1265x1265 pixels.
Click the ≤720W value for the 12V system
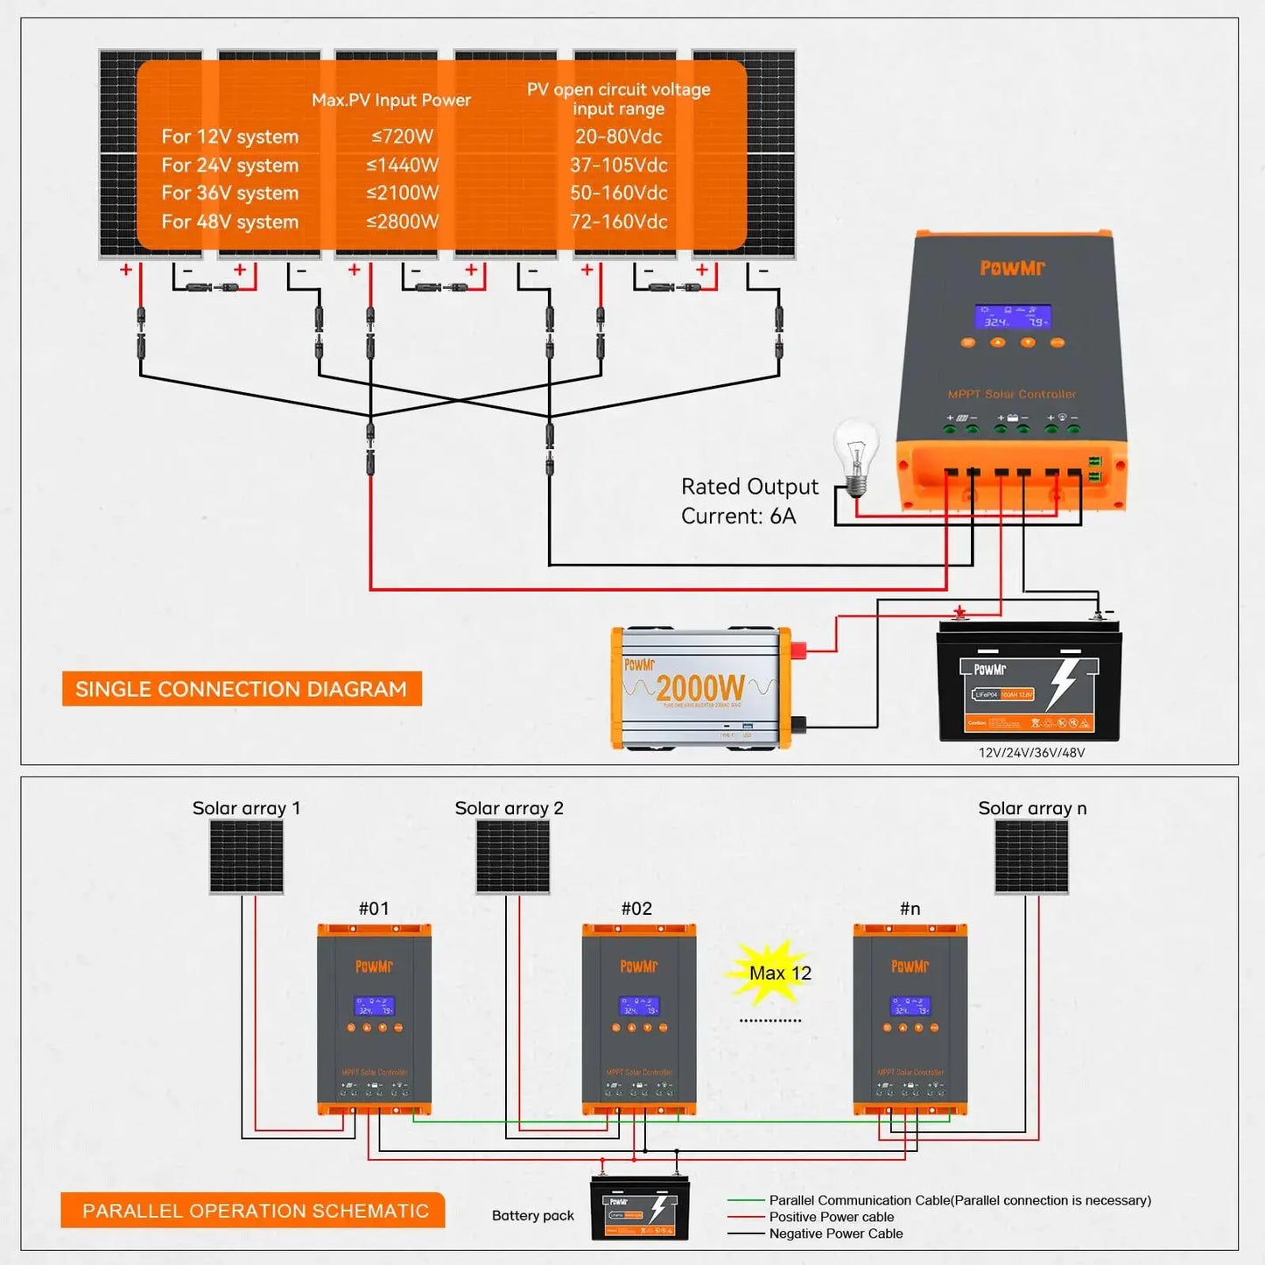click(402, 137)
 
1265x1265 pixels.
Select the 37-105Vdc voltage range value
click(618, 165)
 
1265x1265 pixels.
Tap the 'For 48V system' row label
click(229, 222)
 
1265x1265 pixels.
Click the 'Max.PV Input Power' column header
click(390, 101)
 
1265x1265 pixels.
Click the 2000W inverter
click(701, 688)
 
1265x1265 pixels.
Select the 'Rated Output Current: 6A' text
click(748, 502)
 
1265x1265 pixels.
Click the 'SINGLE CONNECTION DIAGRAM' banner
click(242, 689)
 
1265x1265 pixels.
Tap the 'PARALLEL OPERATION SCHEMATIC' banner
click(255, 1211)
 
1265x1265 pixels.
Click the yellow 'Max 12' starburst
click(774, 973)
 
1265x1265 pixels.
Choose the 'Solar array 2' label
click(509, 808)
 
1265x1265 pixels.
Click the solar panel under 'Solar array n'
click(1031, 857)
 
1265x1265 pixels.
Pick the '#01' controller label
click(374, 909)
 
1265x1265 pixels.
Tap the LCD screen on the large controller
click(1013, 317)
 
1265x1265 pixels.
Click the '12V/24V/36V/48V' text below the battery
click(1031, 753)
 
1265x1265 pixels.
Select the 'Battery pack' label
click(532, 1216)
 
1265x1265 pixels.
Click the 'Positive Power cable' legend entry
click(831, 1217)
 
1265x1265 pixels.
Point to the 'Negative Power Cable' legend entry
click(835, 1233)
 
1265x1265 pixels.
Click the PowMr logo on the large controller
click(1012, 268)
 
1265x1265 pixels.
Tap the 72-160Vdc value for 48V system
click(618, 222)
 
